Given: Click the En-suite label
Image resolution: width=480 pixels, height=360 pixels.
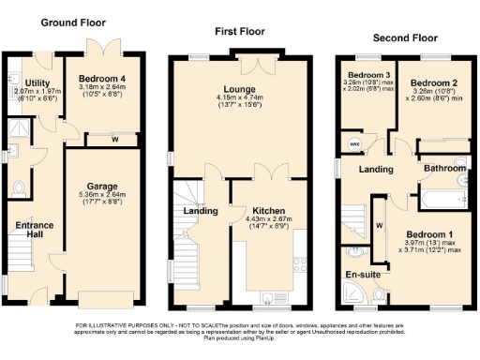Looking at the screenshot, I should click(x=362, y=275).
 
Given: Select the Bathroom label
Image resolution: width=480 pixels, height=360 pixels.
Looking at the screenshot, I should click(x=437, y=169).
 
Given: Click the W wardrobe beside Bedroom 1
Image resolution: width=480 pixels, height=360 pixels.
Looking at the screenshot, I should click(x=379, y=226).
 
